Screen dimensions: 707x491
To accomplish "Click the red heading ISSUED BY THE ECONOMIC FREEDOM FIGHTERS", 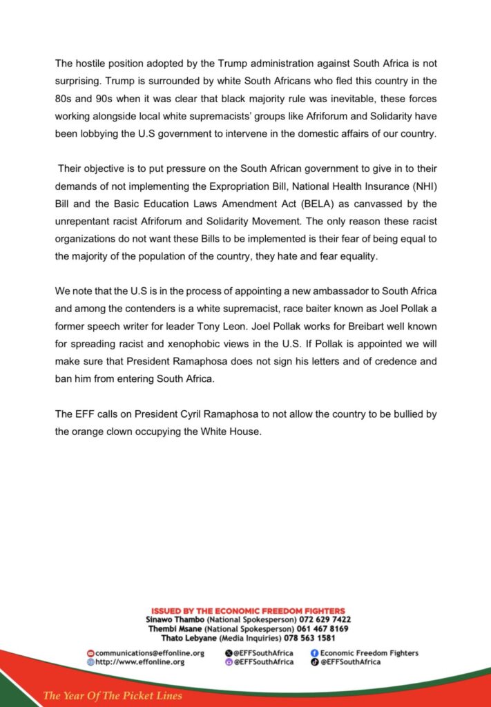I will point(248,610).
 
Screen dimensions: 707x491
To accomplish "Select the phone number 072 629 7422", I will point(325,619).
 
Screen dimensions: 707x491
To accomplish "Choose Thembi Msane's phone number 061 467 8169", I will point(323,628).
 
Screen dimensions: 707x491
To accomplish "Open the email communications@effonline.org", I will point(149,652).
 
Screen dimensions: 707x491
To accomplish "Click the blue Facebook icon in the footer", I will point(314,652).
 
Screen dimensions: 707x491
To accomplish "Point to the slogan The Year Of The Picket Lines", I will point(113,695).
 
